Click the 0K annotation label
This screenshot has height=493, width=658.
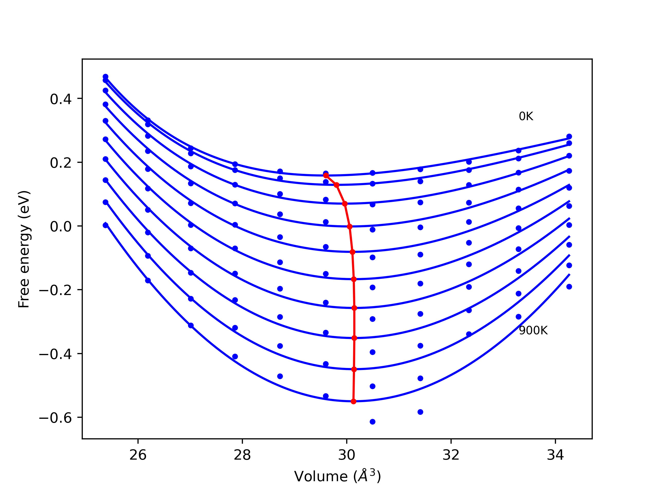(x=526, y=117)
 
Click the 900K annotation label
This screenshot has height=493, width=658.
(x=533, y=331)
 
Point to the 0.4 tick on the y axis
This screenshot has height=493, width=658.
(x=61, y=99)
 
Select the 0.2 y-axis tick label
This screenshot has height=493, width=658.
(x=61, y=163)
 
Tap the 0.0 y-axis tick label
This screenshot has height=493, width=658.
(x=61, y=227)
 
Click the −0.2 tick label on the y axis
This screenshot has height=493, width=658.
(x=55, y=290)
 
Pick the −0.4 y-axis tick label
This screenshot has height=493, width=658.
(x=55, y=354)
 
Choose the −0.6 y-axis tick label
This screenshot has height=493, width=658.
(x=55, y=418)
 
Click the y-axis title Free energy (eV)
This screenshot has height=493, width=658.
(x=24, y=249)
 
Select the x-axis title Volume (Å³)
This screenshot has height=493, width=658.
(x=337, y=476)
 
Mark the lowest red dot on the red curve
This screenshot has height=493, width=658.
(x=353, y=402)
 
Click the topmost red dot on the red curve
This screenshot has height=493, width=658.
(x=326, y=175)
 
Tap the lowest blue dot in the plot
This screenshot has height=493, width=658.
(x=372, y=422)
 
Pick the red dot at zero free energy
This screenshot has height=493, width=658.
(x=350, y=227)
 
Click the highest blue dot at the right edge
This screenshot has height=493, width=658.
(x=569, y=136)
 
